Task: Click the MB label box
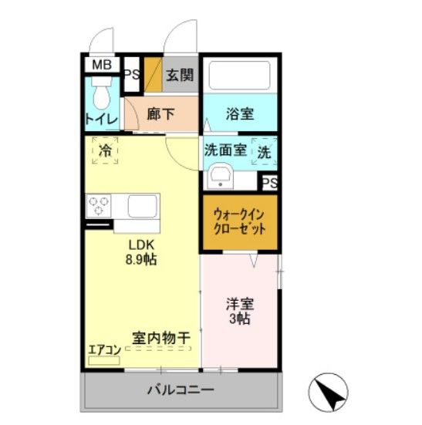click(x=102, y=65)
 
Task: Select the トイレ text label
click(x=101, y=120)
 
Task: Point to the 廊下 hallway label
click(x=160, y=114)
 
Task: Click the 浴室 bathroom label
click(x=239, y=114)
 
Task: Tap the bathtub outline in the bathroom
click(x=239, y=76)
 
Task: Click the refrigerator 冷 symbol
click(x=105, y=150)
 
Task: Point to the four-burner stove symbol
click(x=100, y=206)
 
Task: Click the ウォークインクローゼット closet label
click(x=239, y=222)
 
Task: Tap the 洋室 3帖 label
click(x=239, y=310)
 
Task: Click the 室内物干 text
click(x=161, y=337)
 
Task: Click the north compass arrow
click(x=329, y=393)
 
